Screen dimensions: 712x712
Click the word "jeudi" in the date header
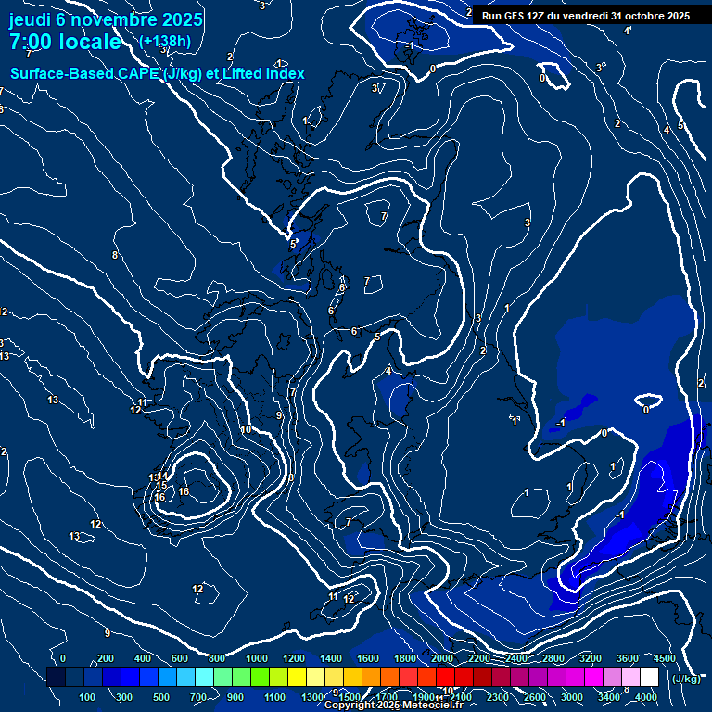31,19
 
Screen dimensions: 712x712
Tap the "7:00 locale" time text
65,42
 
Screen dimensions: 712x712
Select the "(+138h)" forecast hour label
164,42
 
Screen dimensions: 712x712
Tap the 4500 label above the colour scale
665,658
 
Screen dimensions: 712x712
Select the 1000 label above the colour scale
257,658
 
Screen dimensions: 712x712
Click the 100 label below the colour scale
87,697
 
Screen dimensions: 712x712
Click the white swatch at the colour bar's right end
649,677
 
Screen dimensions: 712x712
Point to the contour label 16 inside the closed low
184,491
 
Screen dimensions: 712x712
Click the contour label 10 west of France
246,429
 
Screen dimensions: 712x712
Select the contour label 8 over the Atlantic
115,255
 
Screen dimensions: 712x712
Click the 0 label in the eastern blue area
646,409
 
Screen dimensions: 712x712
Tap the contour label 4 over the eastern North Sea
388,371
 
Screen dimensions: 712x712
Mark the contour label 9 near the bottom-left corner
108,633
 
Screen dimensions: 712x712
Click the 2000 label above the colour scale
442,658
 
